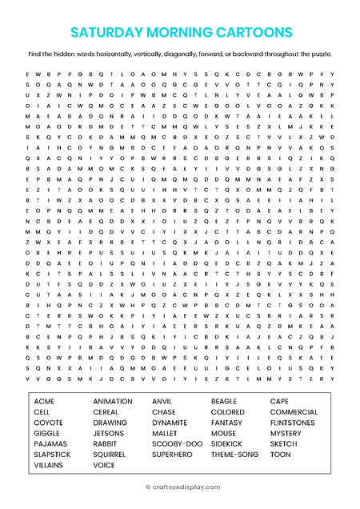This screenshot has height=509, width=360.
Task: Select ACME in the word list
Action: coord(45,401)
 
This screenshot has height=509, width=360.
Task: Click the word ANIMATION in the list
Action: coord(113,401)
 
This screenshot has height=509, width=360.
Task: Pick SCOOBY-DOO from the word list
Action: coord(178,443)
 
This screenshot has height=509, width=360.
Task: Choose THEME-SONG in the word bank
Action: coord(235,454)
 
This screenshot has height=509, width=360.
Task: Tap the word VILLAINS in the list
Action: coord(49,464)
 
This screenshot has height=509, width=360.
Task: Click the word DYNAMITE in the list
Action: coord(170,423)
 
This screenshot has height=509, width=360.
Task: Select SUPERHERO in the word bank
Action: coord(173,454)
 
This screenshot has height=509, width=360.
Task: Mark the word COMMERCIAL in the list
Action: coord(294,412)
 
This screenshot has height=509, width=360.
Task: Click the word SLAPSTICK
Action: coord(53,454)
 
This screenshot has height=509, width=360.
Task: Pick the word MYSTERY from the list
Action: coord(286,433)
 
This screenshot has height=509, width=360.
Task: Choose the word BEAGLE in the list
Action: coord(224,401)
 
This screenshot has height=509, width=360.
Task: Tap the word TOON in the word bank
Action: coord(281,454)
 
